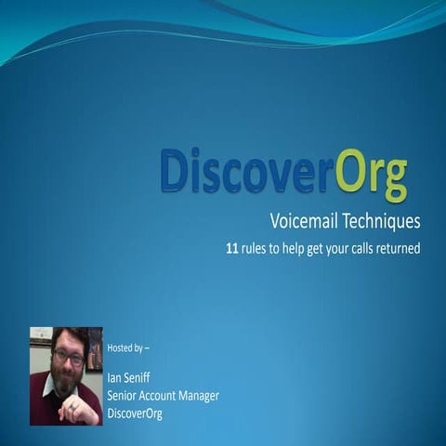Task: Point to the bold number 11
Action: click(x=233, y=249)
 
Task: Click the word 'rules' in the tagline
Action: click(x=259, y=249)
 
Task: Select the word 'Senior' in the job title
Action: click(x=125, y=396)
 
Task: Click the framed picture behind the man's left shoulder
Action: click(x=94, y=348)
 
